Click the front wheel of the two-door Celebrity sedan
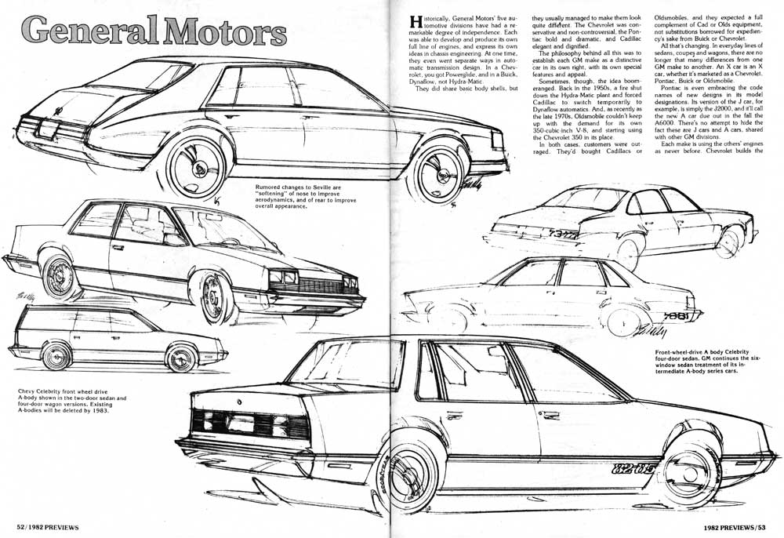pos(216,298)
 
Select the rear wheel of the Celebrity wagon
pos(56,356)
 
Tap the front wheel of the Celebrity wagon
pos(181,358)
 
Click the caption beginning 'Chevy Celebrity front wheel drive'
pos(72,402)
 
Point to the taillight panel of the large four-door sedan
pos(250,424)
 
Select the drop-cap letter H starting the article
pos(416,22)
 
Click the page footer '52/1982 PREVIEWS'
pos(48,527)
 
